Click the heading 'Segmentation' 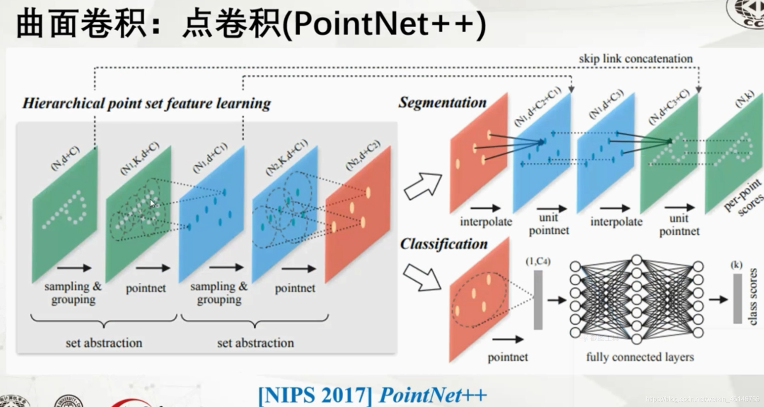coord(442,103)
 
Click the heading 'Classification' coord(444,244)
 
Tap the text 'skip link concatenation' coord(635,59)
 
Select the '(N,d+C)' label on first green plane coord(65,158)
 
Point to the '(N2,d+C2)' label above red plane coord(363,155)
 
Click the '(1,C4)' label coord(538,262)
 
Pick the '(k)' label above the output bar coord(736,264)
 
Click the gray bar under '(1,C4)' coord(538,300)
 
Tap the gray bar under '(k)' coord(737,298)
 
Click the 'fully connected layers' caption coord(640,357)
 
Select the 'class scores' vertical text coord(753,297)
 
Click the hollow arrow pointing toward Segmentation coord(423,186)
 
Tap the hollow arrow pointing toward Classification coord(422,277)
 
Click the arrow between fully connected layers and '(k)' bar coord(718,299)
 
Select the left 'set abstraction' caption coord(104,343)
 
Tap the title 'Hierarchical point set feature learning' coord(146,104)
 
